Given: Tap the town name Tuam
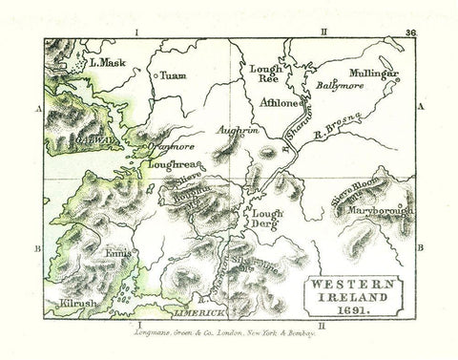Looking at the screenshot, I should (x=173, y=74).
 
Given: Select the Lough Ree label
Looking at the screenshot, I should (x=262, y=76).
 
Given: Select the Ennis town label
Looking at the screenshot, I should (x=112, y=253).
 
